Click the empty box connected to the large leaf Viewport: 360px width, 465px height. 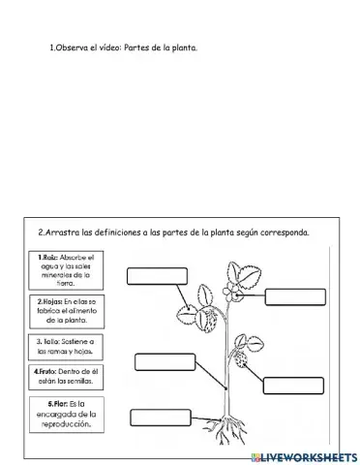(x=156, y=275)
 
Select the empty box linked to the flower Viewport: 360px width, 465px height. (x=295, y=296)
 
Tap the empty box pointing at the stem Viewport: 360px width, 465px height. (x=165, y=363)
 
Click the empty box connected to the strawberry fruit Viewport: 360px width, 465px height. (x=293, y=385)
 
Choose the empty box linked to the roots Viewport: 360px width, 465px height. (x=159, y=418)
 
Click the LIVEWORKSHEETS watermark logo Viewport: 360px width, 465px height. (x=302, y=455)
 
